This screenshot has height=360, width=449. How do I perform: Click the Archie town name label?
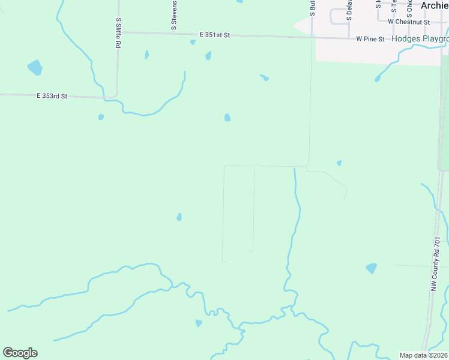tap(434, 5)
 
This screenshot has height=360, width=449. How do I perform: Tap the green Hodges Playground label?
tap(420, 38)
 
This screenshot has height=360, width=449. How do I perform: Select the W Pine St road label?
tap(370, 38)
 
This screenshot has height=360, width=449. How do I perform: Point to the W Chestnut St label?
tap(409, 22)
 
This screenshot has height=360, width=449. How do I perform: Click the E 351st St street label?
tap(215, 35)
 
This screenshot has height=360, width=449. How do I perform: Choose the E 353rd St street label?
tap(52, 95)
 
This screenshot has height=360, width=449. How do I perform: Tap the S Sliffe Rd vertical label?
tap(119, 32)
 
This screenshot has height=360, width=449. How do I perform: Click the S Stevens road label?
tap(174, 16)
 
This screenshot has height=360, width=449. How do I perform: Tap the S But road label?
tap(313, 7)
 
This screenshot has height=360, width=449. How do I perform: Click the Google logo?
tap(20, 353)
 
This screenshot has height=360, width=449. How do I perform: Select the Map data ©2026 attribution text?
tap(424, 356)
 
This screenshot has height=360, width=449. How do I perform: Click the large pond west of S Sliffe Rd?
tap(35, 67)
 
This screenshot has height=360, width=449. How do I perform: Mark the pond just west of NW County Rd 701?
tap(372, 268)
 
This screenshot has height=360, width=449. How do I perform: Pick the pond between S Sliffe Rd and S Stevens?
tap(146, 55)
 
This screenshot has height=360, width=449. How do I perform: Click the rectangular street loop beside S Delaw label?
tap(340, 16)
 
